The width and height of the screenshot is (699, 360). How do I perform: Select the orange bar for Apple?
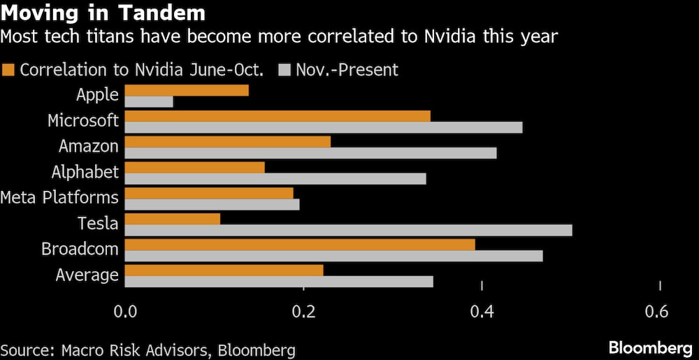(x=187, y=90)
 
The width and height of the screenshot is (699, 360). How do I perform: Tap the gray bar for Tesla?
(x=348, y=230)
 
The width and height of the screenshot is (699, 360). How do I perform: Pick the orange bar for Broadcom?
(x=300, y=244)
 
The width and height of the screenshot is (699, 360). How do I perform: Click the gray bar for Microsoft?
(x=324, y=127)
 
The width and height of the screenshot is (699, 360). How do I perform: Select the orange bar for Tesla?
(x=173, y=219)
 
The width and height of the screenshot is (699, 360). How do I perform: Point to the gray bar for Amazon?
(x=310, y=153)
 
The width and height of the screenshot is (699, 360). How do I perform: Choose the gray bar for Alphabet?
(x=275, y=179)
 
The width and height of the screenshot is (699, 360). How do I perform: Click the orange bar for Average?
(x=224, y=270)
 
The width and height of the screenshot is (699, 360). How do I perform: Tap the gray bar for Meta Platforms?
(x=212, y=204)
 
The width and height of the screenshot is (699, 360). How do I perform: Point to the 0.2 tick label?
(x=303, y=312)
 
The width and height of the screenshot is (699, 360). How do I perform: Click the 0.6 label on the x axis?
(x=659, y=312)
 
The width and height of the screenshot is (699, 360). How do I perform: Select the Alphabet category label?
(x=85, y=172)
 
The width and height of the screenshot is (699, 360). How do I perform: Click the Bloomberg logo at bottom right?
(x=649, y=347)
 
